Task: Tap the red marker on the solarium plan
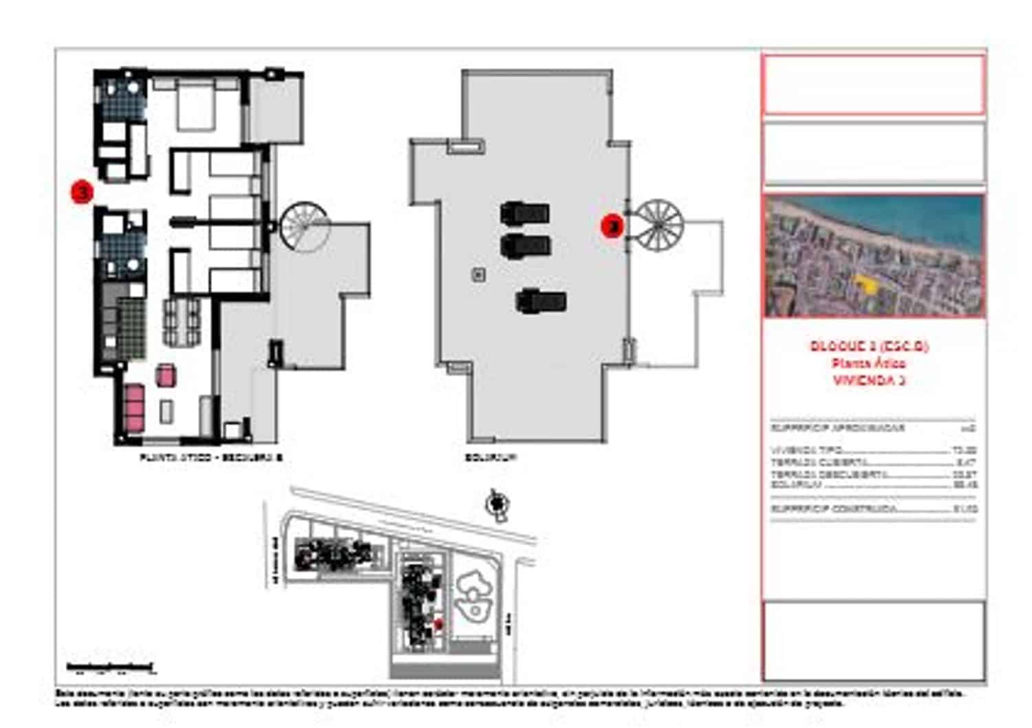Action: (x=612, y=225)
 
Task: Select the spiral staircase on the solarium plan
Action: (x=658, y=225)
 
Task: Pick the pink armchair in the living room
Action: (x=165, y=376)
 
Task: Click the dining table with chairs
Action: (x=182, y=322)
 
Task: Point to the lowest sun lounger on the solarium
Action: (x=541, y=301)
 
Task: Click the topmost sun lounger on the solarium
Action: (x=525, y=213)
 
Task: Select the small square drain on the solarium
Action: (x=479, y=275)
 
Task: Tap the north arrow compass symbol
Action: (x=496, y=505)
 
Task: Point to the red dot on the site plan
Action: (x=438, y=623)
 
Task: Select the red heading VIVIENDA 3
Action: (x=869, y=380)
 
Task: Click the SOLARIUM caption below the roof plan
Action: (x=491, y=457)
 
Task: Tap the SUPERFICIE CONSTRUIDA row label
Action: (x=834, y=509)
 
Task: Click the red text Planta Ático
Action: (x=869, y=363)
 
